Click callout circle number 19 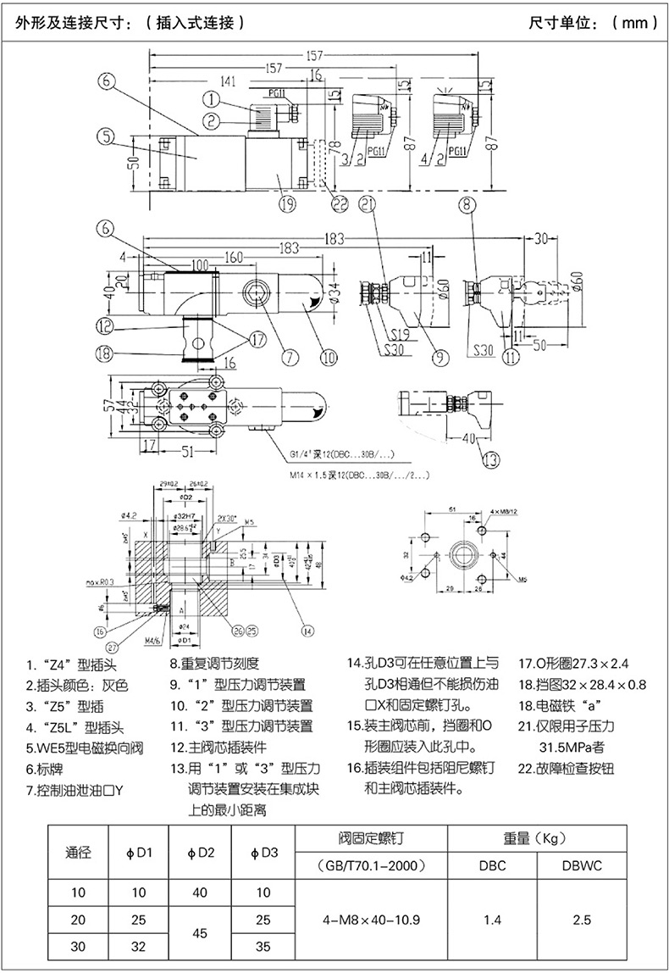[286, 203]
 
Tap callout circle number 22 [340, 203]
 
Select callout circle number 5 [105, 135]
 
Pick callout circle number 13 [490, 460]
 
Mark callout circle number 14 [307, 630]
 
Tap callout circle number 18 [104, 357]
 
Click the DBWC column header [581, 866]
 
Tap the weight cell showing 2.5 [581, 919]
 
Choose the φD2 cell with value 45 [199, 931]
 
